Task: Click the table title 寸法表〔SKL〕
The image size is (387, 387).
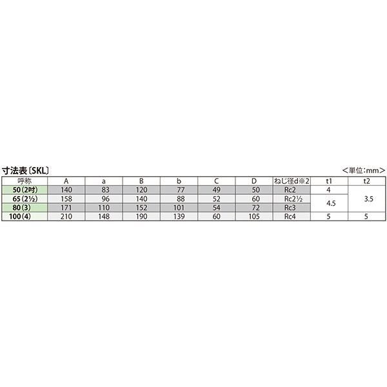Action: tap(25, 170)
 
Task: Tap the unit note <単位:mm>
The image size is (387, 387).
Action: tap(364, 170)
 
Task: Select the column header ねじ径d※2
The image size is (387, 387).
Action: tap(292, 181)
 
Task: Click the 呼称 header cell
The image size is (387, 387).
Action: tap(25, 181)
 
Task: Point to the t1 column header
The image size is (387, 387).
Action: tap(329, 181)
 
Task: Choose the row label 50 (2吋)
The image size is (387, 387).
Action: tap(25, 190)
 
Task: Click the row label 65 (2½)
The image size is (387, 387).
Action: tap(25, 199)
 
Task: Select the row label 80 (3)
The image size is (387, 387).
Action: tap(22, 208)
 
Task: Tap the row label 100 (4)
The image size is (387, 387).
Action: tap(20, 217)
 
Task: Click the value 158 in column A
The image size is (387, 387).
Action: tap(66, 199)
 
